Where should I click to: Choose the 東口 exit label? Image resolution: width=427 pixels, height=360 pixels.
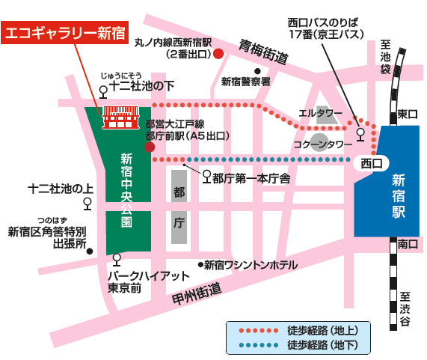407,114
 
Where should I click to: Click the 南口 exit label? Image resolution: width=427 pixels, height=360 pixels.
408,245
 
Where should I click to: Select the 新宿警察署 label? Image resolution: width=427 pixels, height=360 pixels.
245,81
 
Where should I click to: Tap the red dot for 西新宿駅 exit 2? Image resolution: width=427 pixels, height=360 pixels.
218,54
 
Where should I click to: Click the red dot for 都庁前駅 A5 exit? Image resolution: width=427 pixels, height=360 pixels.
150,147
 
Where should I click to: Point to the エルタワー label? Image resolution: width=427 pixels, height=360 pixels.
320,113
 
